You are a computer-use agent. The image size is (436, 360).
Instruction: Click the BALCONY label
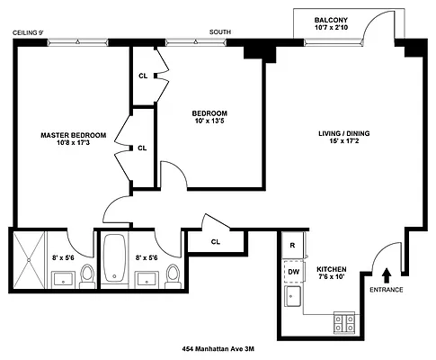[332, 20]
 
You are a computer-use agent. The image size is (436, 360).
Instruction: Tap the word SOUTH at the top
[220, 32]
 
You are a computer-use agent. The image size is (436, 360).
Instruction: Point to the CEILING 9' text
[28, 32]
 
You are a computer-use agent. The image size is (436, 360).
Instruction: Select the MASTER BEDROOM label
[73, 135]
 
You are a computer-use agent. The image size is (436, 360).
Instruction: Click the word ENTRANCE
[387, 289]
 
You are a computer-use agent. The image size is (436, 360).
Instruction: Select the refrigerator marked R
[293, 245]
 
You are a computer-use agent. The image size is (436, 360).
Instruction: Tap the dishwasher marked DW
[293, 270]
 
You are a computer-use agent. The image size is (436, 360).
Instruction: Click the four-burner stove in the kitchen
[344, 319]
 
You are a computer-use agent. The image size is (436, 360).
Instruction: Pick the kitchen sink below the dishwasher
[293, 297]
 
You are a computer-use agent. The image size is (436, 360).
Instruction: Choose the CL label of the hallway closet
[216, 241]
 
